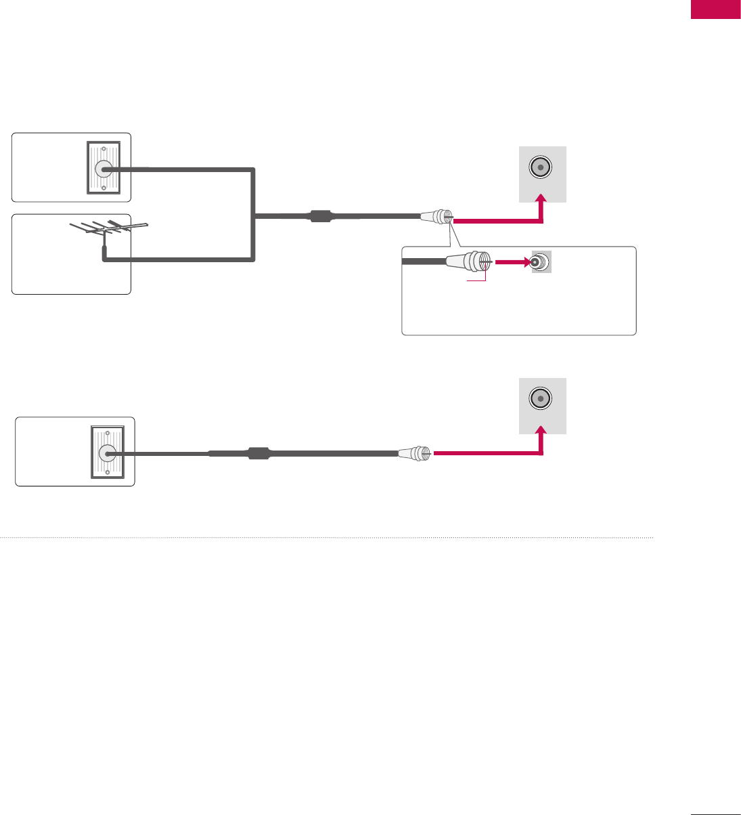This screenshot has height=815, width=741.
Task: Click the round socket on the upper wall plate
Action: [104, 169]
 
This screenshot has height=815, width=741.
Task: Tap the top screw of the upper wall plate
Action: [104, 147]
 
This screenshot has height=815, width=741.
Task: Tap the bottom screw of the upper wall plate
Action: [104, 189]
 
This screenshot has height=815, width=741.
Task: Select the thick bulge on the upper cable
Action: [320, 217]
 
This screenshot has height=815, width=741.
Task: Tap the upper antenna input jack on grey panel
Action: [541, 167]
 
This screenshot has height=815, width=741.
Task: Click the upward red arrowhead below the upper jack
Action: [541, 201]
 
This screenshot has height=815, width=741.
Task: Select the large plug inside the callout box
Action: [467, 262]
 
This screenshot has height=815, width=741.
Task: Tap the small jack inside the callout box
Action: [538, 262]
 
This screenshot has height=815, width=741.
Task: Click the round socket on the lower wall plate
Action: [107, 453]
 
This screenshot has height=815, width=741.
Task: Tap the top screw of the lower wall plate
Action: [107, 432]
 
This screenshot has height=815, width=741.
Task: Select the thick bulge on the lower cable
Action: [259, 453]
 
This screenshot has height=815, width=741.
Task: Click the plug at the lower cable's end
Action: [414, 453]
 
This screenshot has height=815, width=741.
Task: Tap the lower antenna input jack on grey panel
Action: [541, 398]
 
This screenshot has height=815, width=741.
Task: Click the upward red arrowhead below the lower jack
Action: [541, 432]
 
